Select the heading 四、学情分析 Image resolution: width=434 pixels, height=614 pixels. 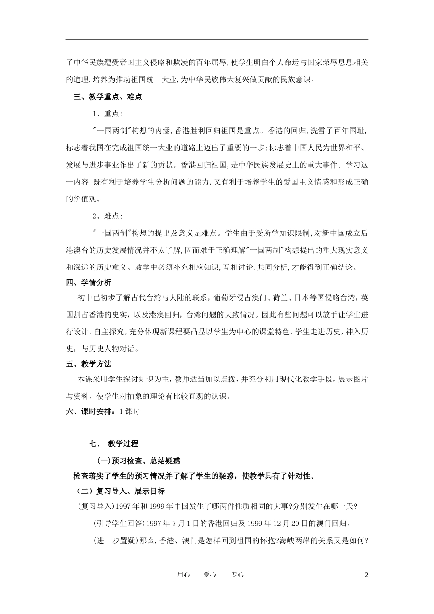89,283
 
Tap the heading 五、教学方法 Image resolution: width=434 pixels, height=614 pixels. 89,364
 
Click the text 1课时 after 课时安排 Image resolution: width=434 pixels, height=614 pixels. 129,412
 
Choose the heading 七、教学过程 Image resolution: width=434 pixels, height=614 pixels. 114,444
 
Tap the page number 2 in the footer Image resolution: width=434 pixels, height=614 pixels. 366,575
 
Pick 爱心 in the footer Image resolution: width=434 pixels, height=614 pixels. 210,575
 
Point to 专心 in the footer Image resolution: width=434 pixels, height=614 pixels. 238,575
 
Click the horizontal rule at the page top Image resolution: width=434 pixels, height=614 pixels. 217,39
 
